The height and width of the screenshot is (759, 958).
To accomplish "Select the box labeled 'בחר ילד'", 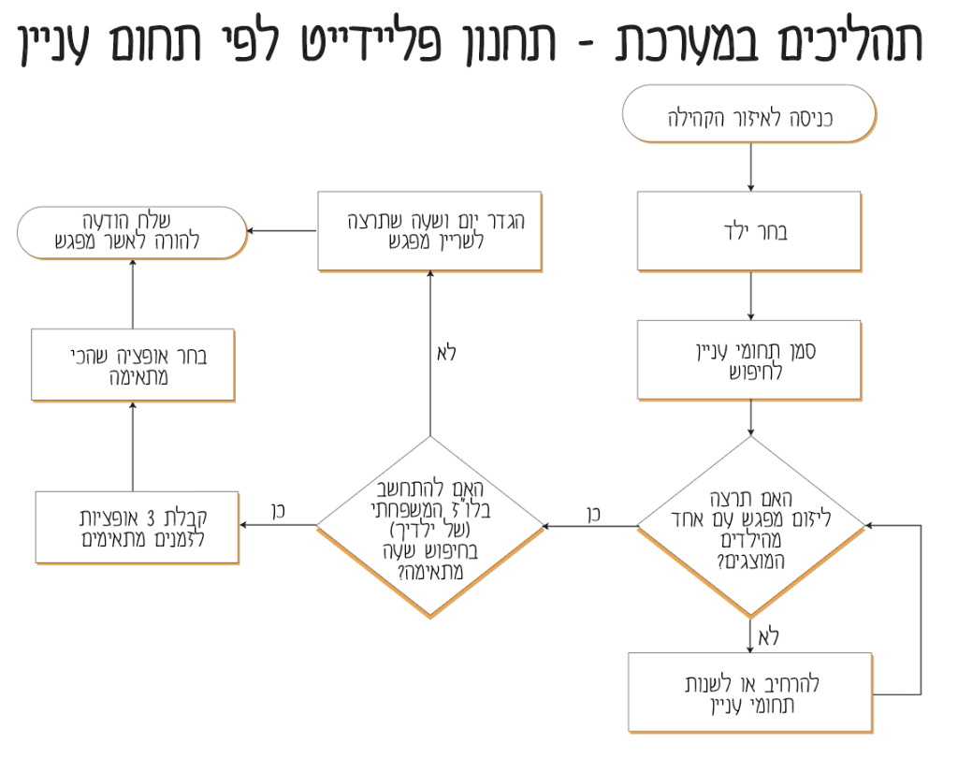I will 749,231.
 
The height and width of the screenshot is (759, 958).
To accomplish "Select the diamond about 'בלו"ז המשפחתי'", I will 429,527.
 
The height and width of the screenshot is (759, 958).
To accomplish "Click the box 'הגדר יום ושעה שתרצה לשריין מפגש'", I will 429,230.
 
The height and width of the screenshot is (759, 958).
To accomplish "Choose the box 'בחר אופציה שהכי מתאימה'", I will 132,365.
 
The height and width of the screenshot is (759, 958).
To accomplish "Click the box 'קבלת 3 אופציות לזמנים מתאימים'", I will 137,528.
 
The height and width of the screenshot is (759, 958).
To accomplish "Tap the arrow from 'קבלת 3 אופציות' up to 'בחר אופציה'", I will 132,447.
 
